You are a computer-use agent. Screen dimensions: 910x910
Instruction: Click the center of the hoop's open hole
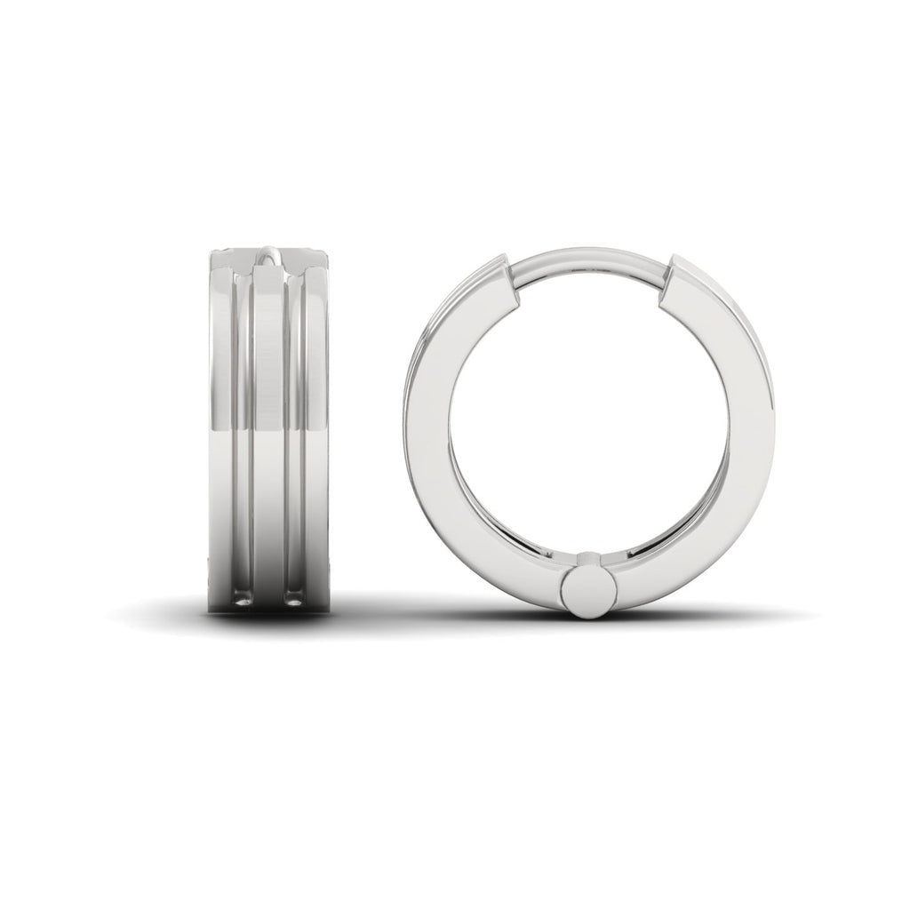586,418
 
